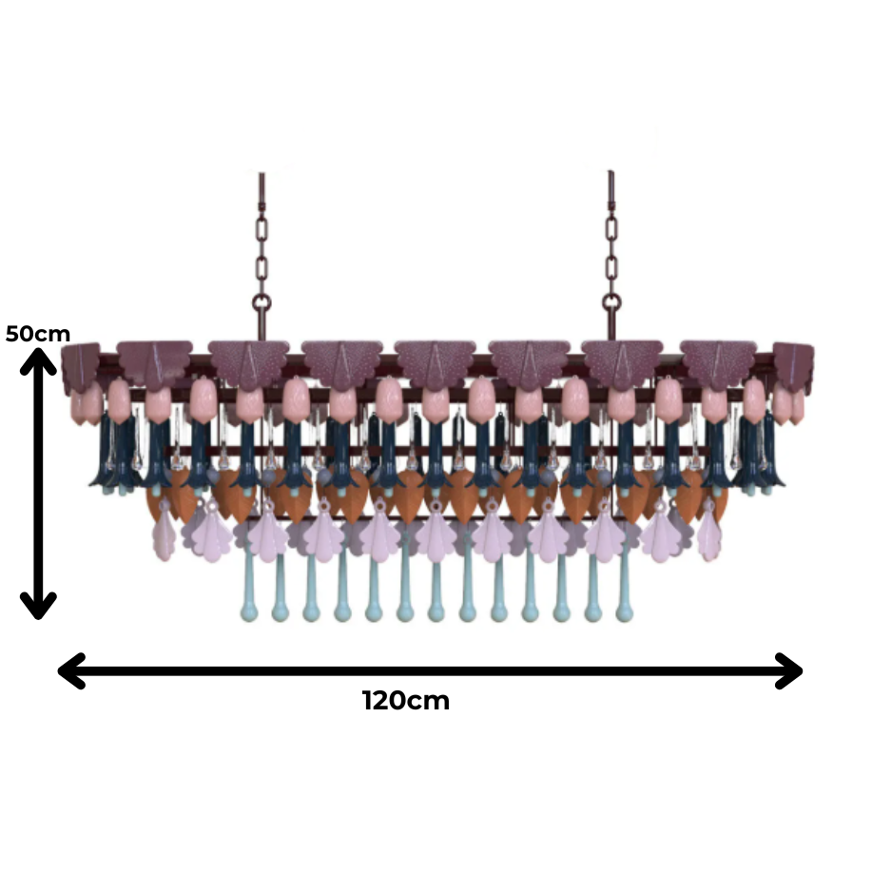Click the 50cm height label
(37, 334)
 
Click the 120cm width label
(406, 700)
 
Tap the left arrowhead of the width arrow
(71, 670)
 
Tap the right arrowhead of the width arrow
(789, 670)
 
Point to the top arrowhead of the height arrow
(38, 360)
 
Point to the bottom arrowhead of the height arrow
(38, 605)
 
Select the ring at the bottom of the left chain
(262, 303)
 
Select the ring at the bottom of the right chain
(611, 303)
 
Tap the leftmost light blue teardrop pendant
(248, 586)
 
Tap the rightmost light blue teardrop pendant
(624, 586)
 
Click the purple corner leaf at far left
(81, 367)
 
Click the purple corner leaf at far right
(794, 367)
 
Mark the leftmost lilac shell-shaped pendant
(165, 532)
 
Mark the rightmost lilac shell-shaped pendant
(709, 531)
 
